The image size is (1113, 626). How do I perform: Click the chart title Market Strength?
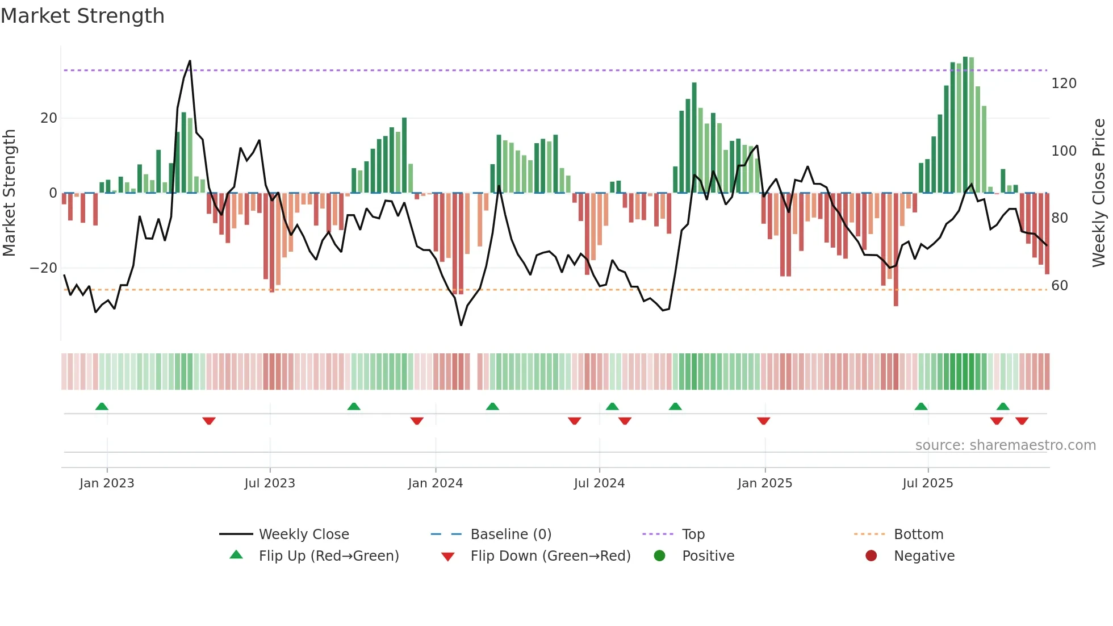click(x=82, y=16)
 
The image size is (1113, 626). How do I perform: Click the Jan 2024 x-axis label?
click(x=435, y=483)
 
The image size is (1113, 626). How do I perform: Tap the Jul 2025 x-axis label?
click(x=927, y=483)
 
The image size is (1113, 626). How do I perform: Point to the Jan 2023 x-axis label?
click(x=107, y=483)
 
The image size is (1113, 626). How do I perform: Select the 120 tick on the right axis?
click(x=1064, y=84)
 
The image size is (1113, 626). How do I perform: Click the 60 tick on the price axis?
click(x=1060, y=286)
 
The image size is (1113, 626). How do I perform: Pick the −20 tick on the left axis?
click(x=44, y=268)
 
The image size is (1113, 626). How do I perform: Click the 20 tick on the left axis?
click(x=49, y=118)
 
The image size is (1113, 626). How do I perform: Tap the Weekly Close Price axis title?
click(x=1099, y=193)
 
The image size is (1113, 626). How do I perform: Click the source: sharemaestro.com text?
click(x=1005, y=445)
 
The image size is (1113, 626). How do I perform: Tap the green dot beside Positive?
click(x=659, y=556)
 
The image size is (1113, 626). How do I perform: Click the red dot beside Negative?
click(x=871, y=556)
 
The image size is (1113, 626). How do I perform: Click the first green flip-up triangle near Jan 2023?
click(x=102, y=406)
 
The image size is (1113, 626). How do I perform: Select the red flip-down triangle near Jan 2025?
click(x=763, y=421)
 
